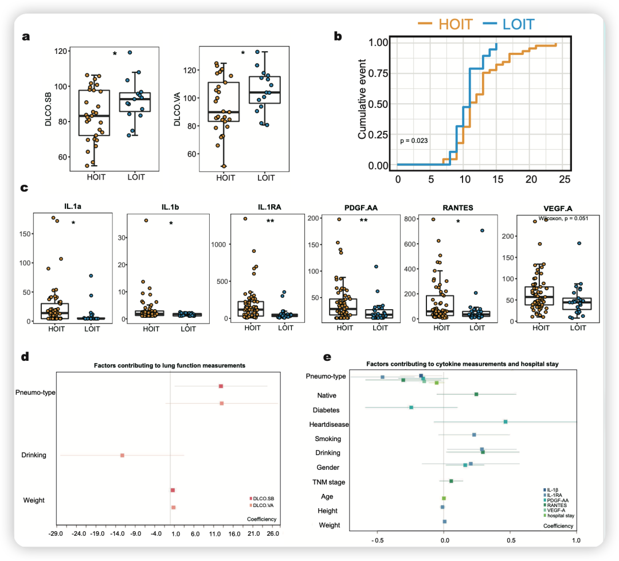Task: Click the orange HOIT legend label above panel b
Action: coord(456,24)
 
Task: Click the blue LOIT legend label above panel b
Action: coord(518,24)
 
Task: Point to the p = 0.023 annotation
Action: coord(414,141)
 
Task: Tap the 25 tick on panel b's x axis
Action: coord(565,180)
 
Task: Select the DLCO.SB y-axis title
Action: coord(51,107)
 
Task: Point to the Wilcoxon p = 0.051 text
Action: coord(558,218)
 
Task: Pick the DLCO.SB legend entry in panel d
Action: coord(264,498)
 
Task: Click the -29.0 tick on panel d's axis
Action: coord(56,534)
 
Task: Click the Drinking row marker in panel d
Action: coord(122,455)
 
